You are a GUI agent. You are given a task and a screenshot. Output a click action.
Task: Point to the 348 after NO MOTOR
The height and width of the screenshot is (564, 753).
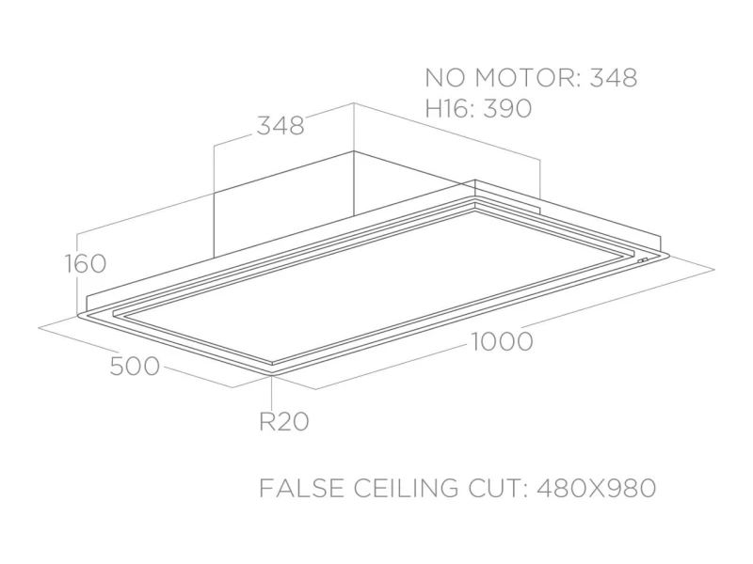[613, 78]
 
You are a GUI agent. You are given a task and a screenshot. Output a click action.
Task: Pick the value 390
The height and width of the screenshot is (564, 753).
[508, 109]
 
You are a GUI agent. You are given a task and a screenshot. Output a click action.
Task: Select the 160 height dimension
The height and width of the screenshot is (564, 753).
[86, 264]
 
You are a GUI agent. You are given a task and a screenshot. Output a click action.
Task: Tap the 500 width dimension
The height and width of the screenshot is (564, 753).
[135, 367]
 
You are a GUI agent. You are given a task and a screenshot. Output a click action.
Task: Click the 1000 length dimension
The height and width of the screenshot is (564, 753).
[501, 342]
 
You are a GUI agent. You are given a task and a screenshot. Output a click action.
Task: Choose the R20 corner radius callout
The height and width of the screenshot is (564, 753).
[283, 422]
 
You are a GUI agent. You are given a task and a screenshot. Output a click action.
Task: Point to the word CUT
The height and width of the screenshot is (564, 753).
[500, 489]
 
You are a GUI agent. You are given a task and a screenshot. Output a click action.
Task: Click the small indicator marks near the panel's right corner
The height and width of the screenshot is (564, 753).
[644, 261]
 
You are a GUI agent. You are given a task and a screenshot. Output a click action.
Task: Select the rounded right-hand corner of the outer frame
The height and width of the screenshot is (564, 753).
[666, 257]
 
